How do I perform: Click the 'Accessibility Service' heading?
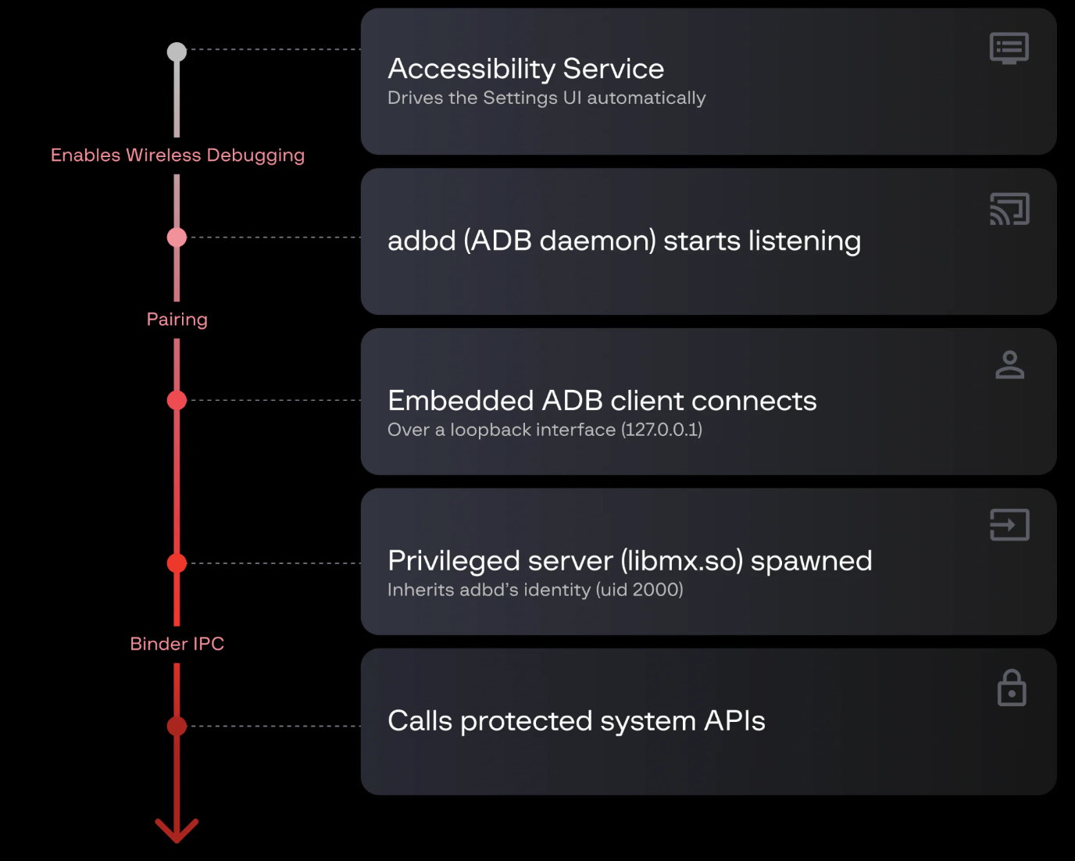point(526,69)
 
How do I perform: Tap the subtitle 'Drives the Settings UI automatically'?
point(547,98)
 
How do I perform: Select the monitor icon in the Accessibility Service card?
point(1009,48)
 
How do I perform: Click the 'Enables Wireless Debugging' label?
point(177,155)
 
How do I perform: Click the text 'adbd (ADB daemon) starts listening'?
point(624,241)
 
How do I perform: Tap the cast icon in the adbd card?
point(1009,209)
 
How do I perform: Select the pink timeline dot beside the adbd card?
point(177,238)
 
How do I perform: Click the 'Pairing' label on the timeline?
point(177,320)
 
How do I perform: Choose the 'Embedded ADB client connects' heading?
point(602,401)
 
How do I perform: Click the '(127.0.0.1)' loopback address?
point(662,430)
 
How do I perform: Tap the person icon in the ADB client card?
point(1009,365)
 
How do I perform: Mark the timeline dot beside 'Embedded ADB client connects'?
point(177,400)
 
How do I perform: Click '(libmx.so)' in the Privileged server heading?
point(682,561)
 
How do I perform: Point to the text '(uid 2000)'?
point(639,590)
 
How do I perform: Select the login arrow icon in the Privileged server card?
point(1009,525)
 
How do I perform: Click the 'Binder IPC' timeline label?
point(177,644)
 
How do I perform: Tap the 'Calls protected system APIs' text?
point(577,721)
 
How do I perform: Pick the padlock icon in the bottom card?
point(1012,688)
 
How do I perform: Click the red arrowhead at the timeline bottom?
point(177,832)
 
